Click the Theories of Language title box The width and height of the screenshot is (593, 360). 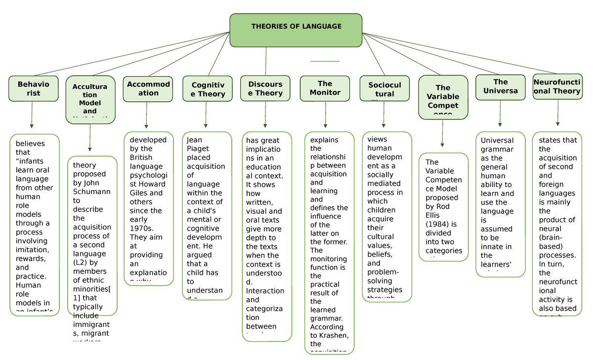[x=296, y=30]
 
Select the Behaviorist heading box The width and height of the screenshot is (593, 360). [x=33, y=88]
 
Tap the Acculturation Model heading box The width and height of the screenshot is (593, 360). [x=90, y=99]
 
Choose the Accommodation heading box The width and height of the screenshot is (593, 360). [x=148, y=89]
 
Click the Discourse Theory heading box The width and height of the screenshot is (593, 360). [x=265, y=88]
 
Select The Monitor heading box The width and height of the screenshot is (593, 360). [x=325, y=88]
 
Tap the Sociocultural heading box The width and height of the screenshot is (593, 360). [x=384, y=89]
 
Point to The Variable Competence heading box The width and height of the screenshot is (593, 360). [x=443, y=97]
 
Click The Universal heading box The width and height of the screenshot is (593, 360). [x=500, y=87]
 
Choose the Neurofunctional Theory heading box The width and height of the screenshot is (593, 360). [x=557, y=86]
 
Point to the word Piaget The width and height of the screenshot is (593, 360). [x=198, y=149]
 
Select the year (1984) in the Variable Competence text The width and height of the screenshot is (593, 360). [x=437, y=224]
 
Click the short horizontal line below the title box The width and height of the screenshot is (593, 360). [x=325, y=61]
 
